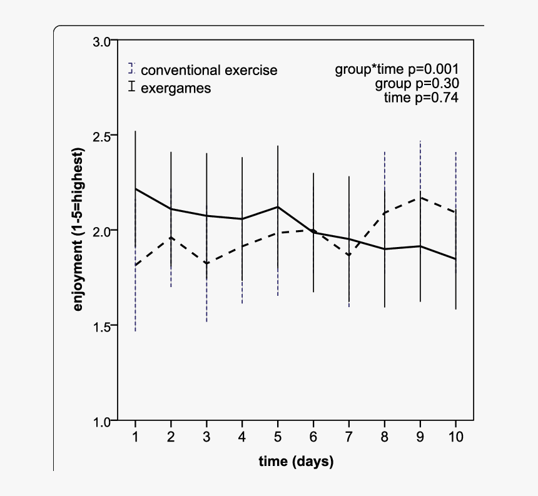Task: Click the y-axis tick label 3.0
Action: point(101,42)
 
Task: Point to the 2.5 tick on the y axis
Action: point(101,136)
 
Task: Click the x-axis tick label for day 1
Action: point(135,437)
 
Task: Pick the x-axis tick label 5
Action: point(278,437)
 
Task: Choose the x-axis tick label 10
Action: point(456,437)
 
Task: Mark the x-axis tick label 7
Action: point(349,437)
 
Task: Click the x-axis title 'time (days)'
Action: point(296,462)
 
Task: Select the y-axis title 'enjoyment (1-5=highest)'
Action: point(79,230)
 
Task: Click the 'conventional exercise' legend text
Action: point(209,70)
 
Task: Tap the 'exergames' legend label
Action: point(176,88)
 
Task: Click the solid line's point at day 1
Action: point(135,188)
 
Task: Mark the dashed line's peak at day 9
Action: point(420,198)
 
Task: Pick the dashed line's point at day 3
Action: point(206,263)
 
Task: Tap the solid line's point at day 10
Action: point(456,259)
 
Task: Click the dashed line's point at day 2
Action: point(171,237)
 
